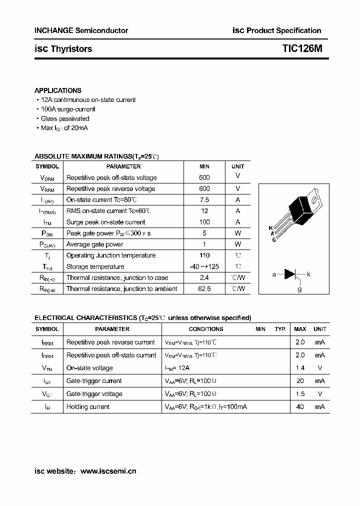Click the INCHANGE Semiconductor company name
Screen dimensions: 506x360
[x=81, y=30]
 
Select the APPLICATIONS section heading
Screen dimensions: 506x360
[x=57, y=90]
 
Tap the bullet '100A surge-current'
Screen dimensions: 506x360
[x=67, y=109]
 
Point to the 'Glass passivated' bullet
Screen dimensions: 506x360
[x=64, y=118]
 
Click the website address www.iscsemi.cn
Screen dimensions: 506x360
[x=108, y=471]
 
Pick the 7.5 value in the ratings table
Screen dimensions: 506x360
[x=204, y=200]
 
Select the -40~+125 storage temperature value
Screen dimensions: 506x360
[x=204, y=266]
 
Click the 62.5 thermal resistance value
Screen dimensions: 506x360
[x=204, y=288]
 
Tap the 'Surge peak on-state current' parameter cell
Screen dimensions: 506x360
[x=105, y=222]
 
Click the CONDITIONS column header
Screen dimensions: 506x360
[x=205, y=329]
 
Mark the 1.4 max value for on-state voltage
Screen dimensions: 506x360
[x=300, y=368]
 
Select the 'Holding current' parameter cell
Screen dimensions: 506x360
[x=88, y=407]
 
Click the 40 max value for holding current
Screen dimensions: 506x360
[x=300, y=407]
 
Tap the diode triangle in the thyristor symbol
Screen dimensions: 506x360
[x=290, y=274]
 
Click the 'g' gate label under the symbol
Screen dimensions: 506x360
[x=299, y=289]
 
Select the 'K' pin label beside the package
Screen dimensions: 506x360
[x=271, y=228]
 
